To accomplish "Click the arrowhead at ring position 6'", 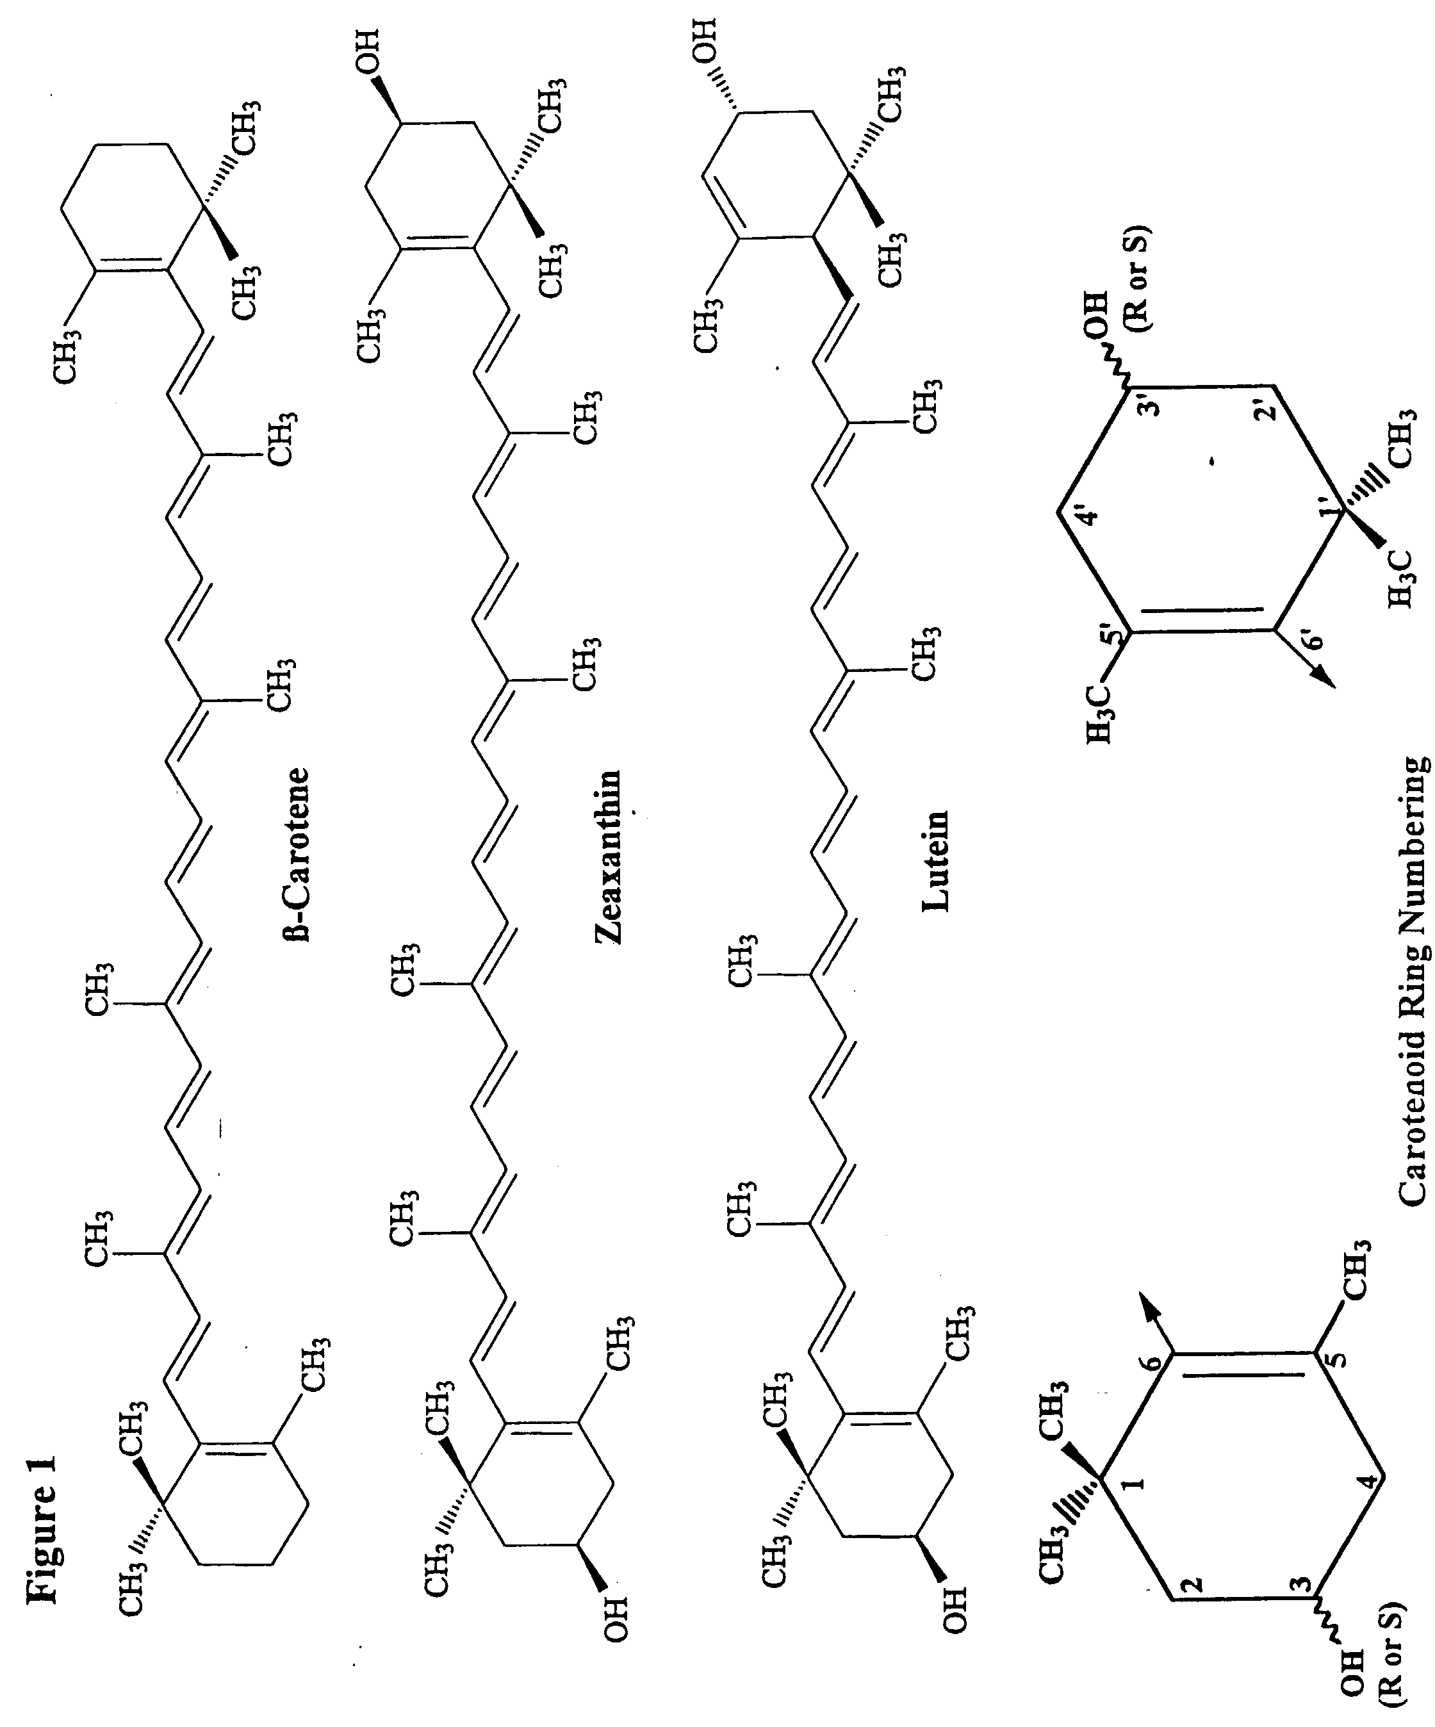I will (x=1320, y=675).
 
